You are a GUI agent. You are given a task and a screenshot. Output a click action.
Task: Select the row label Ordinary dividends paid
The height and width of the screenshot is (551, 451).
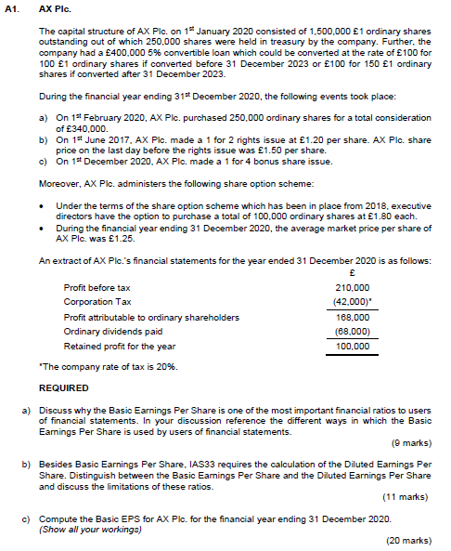[x=111, y=331]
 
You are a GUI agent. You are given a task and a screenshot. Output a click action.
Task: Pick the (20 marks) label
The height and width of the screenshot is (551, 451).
[x=409, y=539]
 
